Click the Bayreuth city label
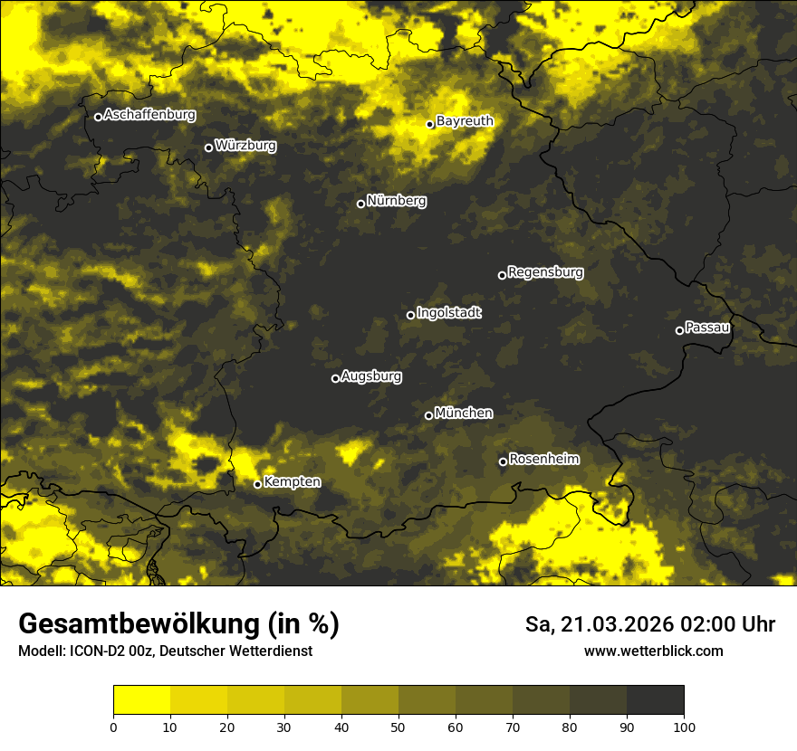point(465,120)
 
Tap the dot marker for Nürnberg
point(360,204)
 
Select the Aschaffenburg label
point(149,115)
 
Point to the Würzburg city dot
point(208,147)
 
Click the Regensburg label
point(545,271)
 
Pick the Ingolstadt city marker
point(410,315)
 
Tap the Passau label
point(707,327)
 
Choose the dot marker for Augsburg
point(335,378)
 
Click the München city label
point(464,413)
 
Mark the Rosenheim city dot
point(503,461)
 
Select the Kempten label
point(292,481)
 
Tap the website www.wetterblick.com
point(653,651)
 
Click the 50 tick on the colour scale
point(398,727)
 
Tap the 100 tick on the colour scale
point(684,727)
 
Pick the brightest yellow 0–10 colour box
point(141,700)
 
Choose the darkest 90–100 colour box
point(655,700)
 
